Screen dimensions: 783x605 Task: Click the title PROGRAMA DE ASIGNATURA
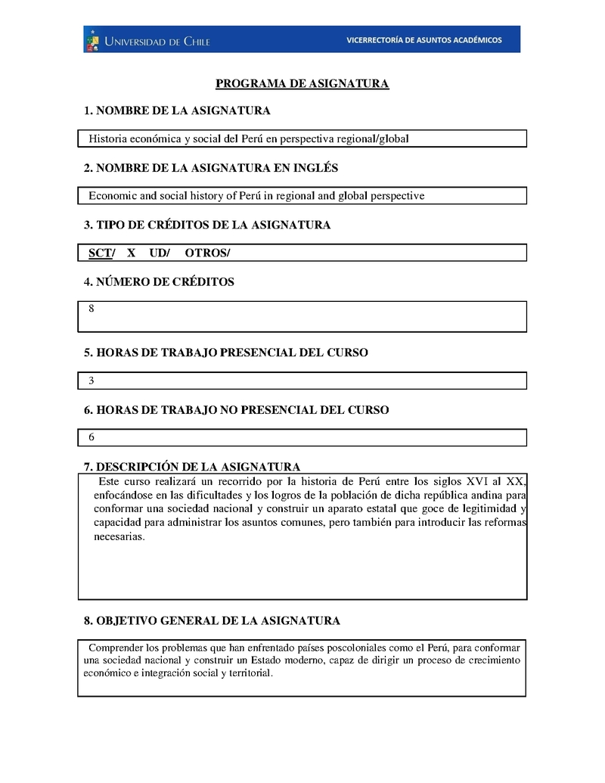coord(302,83)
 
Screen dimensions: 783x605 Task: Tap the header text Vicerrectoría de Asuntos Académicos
coord(423,40)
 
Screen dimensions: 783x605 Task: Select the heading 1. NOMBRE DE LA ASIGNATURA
coord(177,111)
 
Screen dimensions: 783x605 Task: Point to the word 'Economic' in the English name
coord(113,196)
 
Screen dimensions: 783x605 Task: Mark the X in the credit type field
coord(131,253)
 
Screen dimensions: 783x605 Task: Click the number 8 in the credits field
coord(92,309)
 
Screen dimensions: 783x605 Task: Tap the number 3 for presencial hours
coord(92,381)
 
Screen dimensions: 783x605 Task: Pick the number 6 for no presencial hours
coord(92,437)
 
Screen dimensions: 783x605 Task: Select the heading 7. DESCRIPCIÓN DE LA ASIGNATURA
coord(192,467)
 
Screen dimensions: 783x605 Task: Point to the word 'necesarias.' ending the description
coord(118,537)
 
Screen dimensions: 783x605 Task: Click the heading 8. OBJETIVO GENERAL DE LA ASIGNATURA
coord(212,621)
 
